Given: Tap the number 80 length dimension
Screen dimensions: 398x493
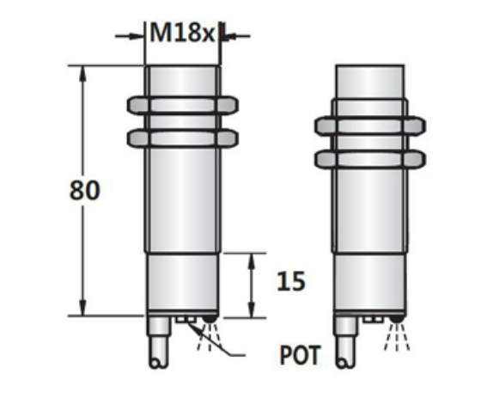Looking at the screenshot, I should [85, 189].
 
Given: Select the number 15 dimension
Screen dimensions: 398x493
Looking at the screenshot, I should [291, 281].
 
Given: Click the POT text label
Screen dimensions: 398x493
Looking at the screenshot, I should [297, 354].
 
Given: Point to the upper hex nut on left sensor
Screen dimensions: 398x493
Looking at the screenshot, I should [182, 105].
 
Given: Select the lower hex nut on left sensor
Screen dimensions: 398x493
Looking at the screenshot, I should [182, 137].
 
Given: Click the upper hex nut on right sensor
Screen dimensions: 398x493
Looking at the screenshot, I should [368, 126].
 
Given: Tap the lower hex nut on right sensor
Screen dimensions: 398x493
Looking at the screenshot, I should [368, 158].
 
